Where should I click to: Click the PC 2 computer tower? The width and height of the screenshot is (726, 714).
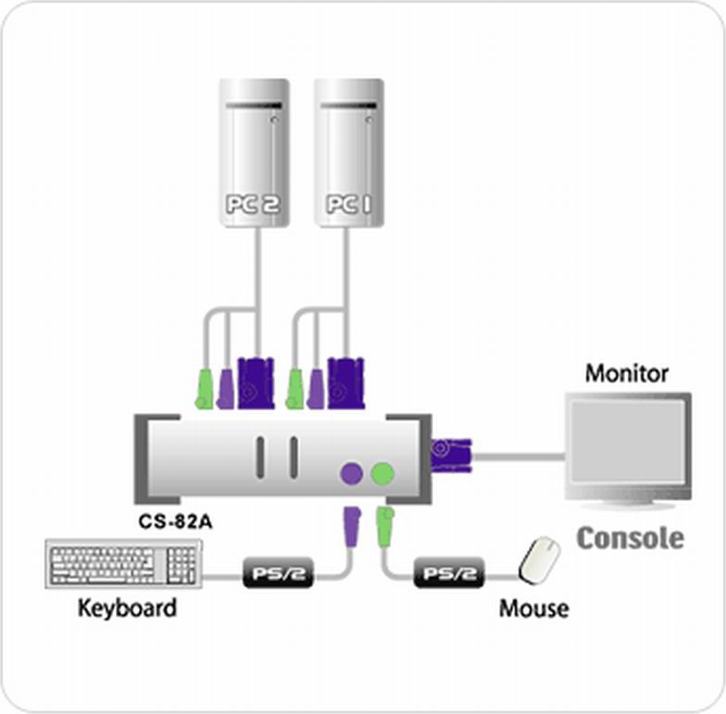pos(254,153)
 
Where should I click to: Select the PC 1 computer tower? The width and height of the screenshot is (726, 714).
pos(349,153)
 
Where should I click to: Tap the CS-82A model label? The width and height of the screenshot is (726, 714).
pos(175,522)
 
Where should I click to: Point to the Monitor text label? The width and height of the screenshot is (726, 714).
pos(626,373)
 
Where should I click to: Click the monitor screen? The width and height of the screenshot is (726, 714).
pos(628,443)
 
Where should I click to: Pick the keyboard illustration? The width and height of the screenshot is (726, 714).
pos(124,563)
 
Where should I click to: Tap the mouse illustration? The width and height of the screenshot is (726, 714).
pos(539,560)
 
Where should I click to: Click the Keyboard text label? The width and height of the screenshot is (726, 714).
pos(128,608)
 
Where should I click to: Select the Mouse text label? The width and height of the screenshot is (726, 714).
pos(533,608)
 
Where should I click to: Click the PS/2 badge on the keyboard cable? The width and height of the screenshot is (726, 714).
pos(278,573)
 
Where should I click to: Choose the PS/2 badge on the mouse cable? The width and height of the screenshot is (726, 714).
pos(448,573)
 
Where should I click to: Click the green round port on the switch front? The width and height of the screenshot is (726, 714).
pos(383,473)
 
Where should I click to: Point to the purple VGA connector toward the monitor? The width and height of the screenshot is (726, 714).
pos(451,456)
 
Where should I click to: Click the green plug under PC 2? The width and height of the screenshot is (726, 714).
pos(204,389)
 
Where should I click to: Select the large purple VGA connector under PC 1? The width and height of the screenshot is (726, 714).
pos(346,383)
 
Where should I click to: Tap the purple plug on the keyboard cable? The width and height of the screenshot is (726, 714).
pos(352,526)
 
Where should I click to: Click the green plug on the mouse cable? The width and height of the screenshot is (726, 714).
pos(385,526)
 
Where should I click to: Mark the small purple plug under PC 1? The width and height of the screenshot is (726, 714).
pos(315,389)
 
